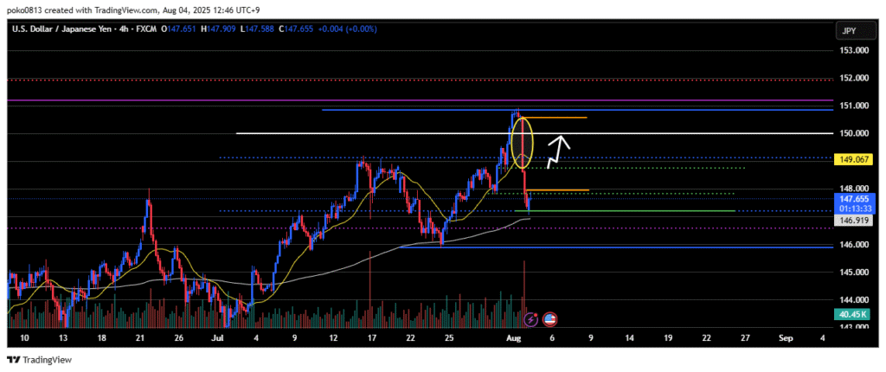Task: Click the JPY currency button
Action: tap(851, 31)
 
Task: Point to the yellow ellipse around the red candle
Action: tap(523, 143)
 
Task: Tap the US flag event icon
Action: tap(550, 319)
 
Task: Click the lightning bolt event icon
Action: tap(531, 319)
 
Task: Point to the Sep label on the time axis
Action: tap(785, 338)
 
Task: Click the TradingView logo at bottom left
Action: tap(40, 360)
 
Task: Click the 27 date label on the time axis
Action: tap(747, 338)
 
